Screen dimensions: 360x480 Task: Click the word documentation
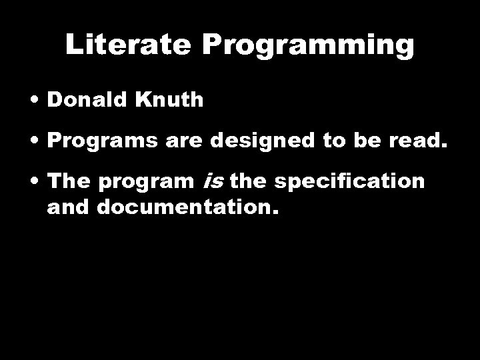coord(187,207)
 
